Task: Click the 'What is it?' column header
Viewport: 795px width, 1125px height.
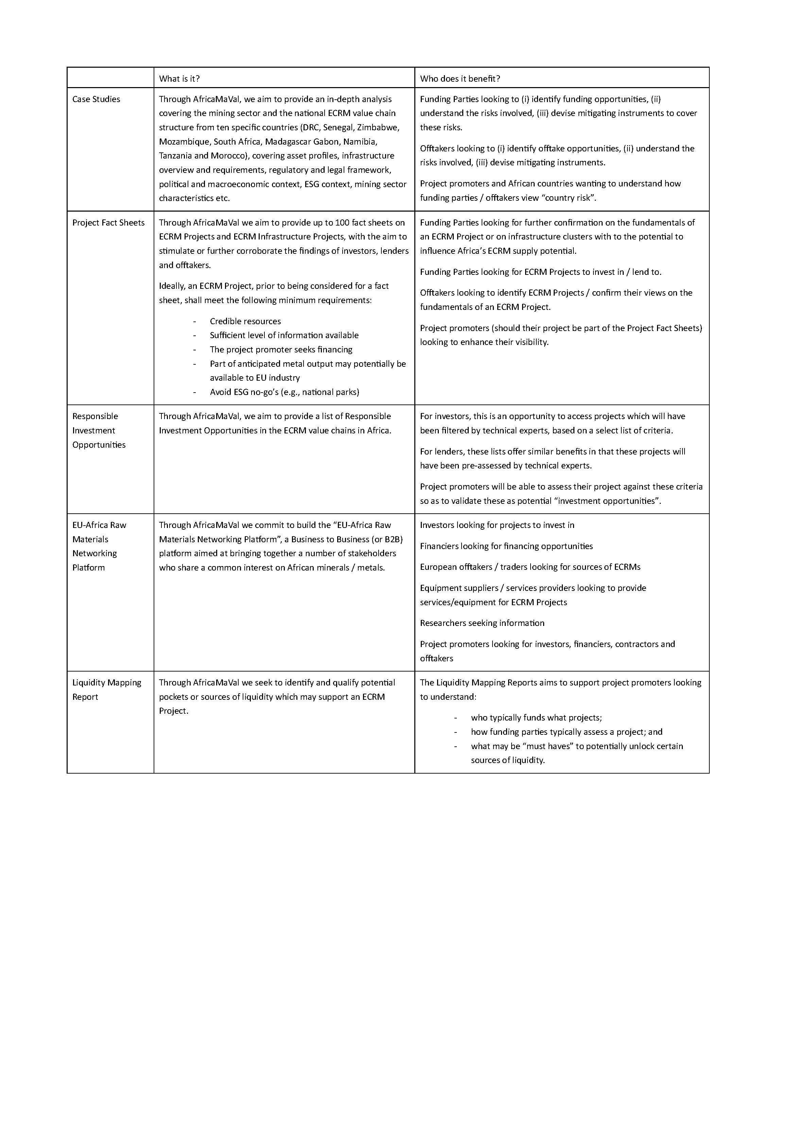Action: pos(179,78)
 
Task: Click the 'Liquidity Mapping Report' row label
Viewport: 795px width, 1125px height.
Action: pos(106,690)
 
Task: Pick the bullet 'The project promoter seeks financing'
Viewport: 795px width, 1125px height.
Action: pos(281,349)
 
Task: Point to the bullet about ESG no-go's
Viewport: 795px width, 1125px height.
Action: pos(284,392)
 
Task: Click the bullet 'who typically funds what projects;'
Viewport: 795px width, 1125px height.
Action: pos(536,718)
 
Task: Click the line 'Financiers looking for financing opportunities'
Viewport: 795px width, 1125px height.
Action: pos(506,546)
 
